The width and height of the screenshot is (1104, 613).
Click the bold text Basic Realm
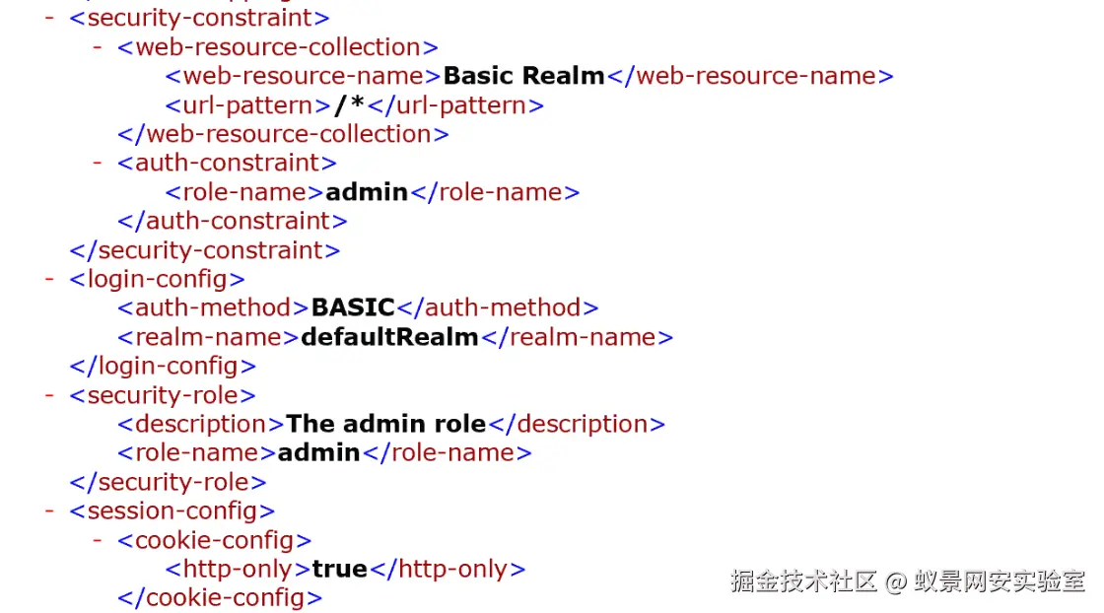[523, 76]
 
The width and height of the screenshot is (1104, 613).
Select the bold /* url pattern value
[350, 104]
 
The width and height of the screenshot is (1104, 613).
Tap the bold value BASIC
[353, 307]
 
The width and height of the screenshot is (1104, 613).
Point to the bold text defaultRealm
[389, 337]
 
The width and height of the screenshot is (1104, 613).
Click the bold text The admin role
[386, 424]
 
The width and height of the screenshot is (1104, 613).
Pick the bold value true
[339, 569]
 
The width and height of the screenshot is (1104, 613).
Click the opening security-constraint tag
[199, 18]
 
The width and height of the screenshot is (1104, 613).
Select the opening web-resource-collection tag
[277, 47]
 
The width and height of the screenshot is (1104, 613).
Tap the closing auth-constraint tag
[232, 221]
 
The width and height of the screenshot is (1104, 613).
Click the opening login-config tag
[157, 279]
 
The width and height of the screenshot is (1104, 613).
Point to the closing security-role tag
[168, 482]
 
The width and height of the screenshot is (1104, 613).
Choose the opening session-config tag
[172, 511]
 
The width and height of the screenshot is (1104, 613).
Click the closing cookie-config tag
[219, 597]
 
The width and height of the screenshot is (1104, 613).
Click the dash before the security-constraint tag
[49, 18]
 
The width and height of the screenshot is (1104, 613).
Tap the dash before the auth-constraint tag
[98, 163]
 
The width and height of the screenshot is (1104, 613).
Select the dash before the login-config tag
[49, 279]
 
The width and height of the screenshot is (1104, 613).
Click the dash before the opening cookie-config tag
[98, 540]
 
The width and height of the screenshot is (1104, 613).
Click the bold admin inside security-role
[318, 452]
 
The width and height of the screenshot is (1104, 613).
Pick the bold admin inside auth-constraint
[367, 192]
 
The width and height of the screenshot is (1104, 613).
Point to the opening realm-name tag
[208, 337]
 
